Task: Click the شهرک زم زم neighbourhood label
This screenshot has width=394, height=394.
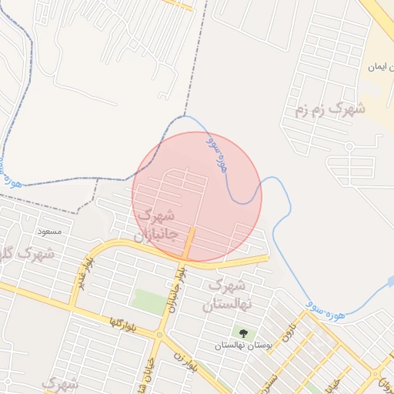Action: click(x=329, y=110)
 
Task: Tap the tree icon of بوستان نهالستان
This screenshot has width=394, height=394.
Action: click(x=244, y=334)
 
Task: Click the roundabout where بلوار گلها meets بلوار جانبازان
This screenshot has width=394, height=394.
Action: click(x=159, y=336)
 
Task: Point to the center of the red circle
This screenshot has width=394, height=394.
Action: click(x=197, y=197)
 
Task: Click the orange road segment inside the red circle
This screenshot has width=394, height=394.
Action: click(x=189, y=242)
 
